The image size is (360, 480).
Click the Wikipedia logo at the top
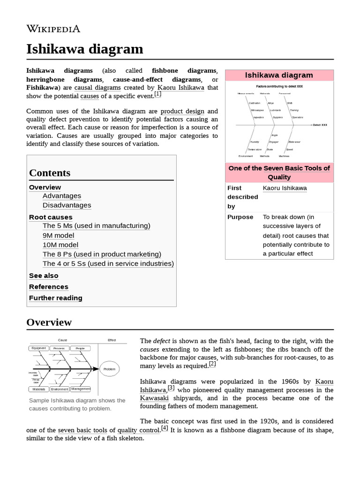point(53,29)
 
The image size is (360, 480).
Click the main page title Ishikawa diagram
point(84,49)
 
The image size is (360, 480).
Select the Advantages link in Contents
point(61,196)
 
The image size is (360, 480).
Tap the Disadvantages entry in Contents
point(67,205)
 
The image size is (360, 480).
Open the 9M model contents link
point(58,235)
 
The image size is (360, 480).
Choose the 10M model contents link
point(60,245)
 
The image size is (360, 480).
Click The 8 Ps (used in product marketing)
point(102,254)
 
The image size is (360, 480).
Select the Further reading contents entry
point(55,298)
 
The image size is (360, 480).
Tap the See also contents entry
point(44,276)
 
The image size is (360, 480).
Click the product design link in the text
point(182,111)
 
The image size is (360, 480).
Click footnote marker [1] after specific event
point(157,94)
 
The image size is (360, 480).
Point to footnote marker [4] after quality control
point(165,428)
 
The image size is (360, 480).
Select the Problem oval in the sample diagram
point(109,369)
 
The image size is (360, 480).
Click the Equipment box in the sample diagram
point(38,348)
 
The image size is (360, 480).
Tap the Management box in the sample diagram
point(81,389)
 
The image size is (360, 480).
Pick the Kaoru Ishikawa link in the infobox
point(285,188)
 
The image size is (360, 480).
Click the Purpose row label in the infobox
point(240,217)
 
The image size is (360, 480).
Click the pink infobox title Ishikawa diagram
point(279,75)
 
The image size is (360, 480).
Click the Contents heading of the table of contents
point(50,172)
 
